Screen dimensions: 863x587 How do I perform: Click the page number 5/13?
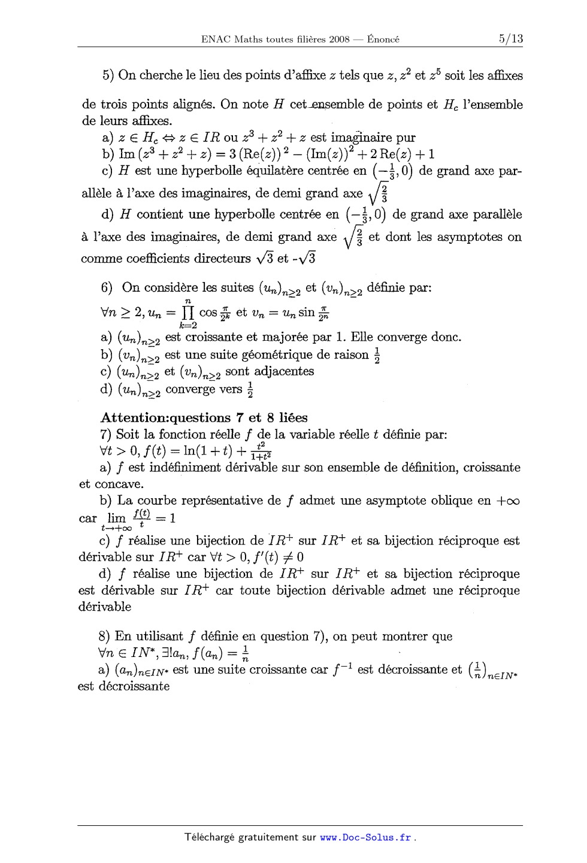[x=510, y=39]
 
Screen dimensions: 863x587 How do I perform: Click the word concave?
[x=120, y=484]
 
